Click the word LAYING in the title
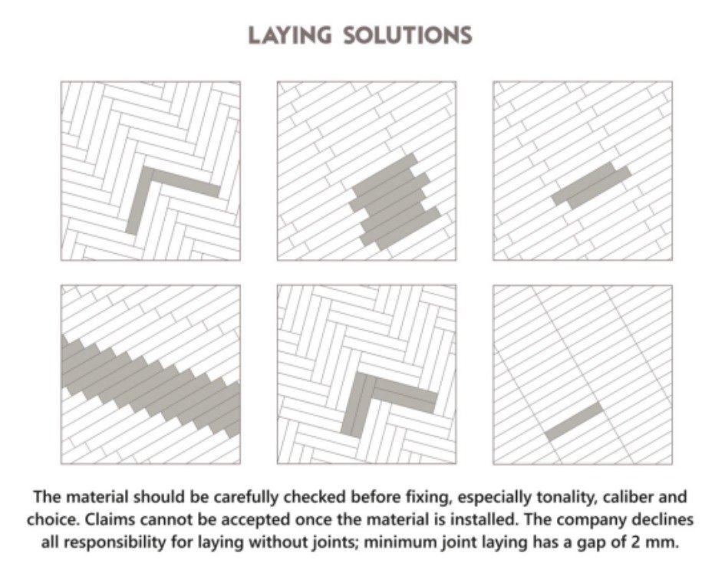coord(289,35)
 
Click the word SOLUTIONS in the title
coord(407,35)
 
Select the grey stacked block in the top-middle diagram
coord(394,202)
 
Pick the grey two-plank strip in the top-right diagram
coord(591,186)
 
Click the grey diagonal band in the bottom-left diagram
coord(150,385)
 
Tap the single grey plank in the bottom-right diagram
coord(574,421)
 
